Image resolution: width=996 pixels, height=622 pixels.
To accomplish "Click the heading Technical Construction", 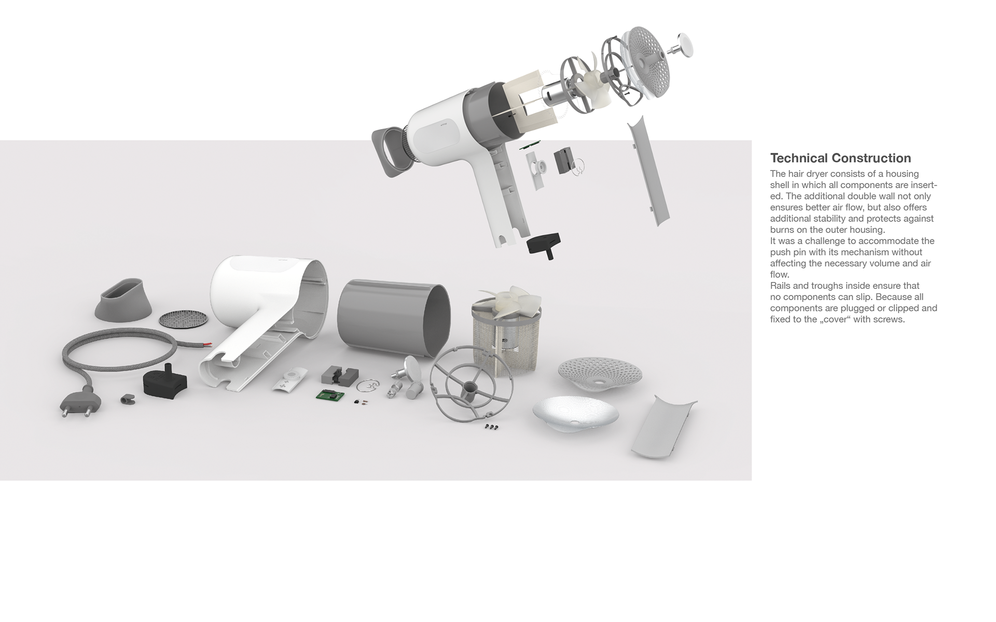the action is tap(840, 158).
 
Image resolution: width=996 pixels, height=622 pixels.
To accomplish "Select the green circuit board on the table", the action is tap(330, 395).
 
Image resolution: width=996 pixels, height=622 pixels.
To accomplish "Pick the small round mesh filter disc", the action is tap(183, 319).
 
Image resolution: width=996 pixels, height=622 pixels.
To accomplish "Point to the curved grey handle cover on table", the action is tap(663, 426).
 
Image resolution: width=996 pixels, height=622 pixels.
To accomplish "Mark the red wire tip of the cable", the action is tap(207, 344).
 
